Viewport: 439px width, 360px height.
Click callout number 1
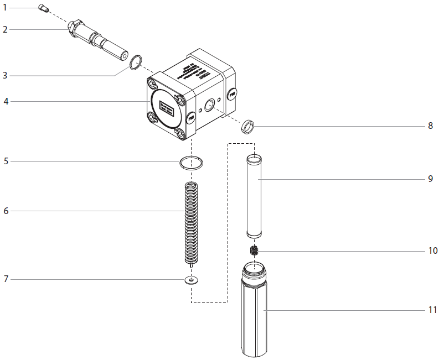point(5,8)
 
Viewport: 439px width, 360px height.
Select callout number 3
point(5,75)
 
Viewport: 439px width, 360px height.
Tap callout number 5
point(6,161)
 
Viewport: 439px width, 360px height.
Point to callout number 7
point(6,279)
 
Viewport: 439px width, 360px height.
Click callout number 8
point(430,126)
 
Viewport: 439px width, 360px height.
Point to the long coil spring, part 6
point(190,221)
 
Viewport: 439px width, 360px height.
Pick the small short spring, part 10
point(255,251)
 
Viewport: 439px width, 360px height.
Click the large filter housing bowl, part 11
point(255,315)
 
